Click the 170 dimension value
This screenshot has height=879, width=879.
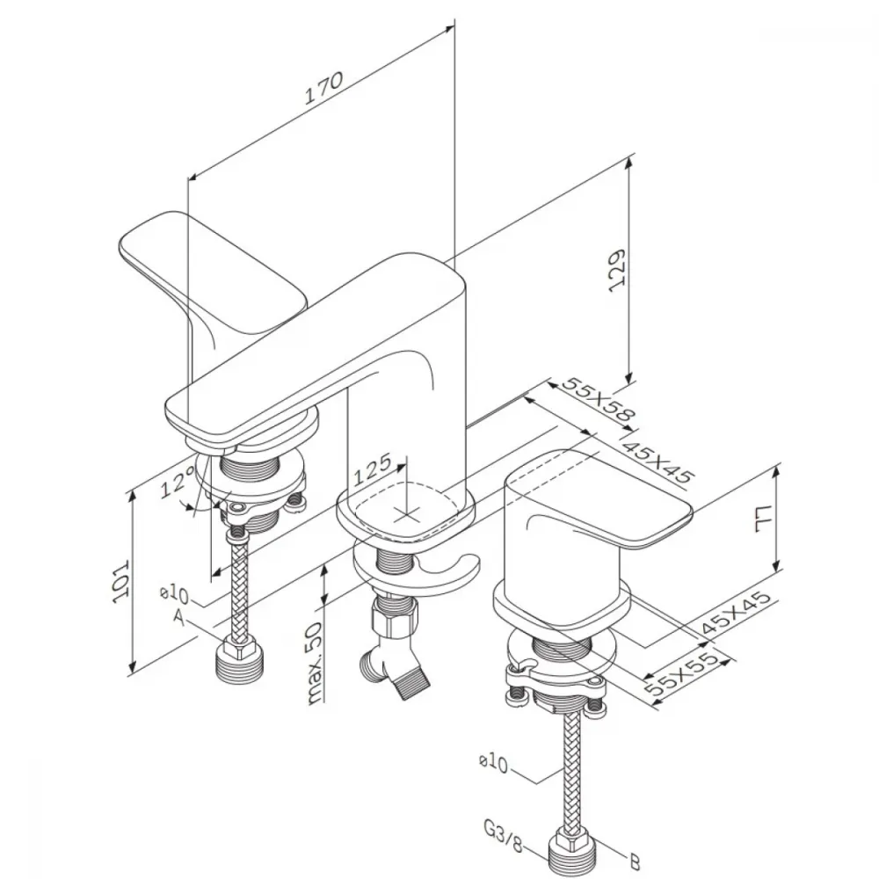point(323,87)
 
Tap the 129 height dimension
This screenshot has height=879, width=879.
point(617,270)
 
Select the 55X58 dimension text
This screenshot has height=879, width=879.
point(599,399)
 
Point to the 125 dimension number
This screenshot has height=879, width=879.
point(372,469)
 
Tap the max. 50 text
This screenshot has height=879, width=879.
point(315,662)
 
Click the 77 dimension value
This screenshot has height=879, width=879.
point(764,518)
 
